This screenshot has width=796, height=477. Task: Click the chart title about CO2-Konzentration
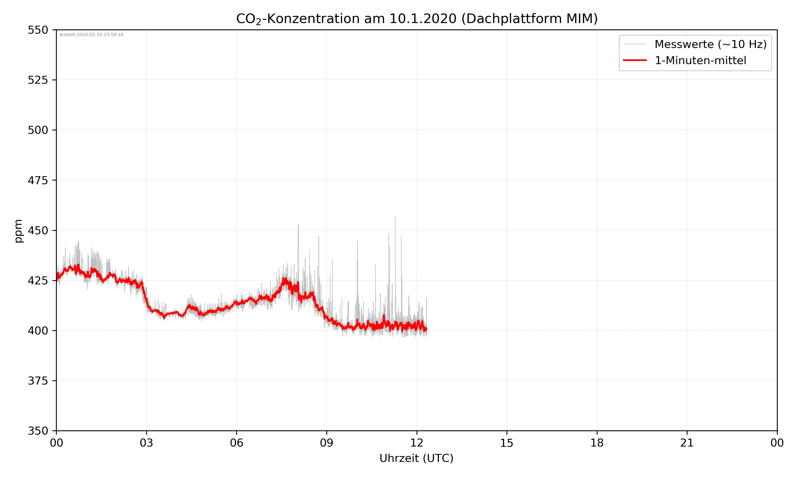pos(417,19)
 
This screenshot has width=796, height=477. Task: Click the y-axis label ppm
pos(18,231)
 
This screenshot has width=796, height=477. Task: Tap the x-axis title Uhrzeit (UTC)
pos(416,458)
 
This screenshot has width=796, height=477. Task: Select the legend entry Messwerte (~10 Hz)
pos(710,44)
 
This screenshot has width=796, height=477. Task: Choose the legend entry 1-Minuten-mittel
pos(700,60)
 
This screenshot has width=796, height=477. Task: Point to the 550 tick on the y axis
pos(38,30)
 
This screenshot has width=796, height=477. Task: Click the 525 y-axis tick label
pos(38,80)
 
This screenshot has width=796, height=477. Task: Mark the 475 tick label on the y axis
pos(38,180)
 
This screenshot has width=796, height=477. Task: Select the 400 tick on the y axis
pos(38,331)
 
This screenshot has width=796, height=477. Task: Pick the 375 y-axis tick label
pos(38,381)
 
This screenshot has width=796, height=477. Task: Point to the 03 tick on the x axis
pos(146,443)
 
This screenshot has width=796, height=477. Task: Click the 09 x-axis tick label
pos(327,443)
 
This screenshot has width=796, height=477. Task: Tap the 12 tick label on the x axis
pos(417,443)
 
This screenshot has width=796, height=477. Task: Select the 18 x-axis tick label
pos(597,443)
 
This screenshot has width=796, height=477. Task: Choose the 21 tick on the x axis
pos(687,443)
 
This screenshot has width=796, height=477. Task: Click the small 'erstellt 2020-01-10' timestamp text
pos(91,35)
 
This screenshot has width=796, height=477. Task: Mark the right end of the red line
pos(427,329)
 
